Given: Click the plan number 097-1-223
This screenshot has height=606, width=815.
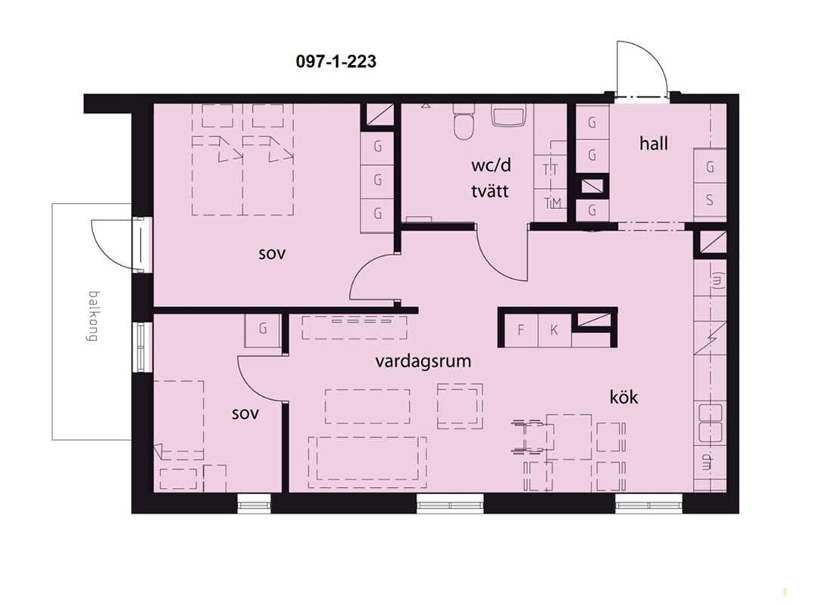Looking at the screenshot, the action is coord(336,61).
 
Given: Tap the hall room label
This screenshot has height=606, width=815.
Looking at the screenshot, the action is coord(654,143).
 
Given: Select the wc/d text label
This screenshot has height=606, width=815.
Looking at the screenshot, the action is coord(491,166).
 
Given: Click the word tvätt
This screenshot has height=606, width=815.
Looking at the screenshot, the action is coord(489,191).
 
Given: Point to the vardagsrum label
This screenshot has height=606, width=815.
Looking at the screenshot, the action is coord(423,361).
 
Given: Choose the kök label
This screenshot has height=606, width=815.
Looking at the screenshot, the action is coord(623,398).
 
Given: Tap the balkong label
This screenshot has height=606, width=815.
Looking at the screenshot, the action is coord(93,315).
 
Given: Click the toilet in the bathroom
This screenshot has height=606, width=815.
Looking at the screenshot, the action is coord(464,122).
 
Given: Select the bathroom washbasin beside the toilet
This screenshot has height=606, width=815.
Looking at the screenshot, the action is coord(509,115).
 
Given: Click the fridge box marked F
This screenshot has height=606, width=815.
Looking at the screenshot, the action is coord(521,330).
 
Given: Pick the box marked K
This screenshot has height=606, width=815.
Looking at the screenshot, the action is coord(554,330).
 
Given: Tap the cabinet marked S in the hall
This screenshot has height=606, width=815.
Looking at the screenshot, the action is coord(710,200).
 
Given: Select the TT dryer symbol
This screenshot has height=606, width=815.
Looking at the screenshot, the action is coord(551,170).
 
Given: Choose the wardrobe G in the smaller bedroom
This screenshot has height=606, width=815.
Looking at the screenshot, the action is coord(263,330).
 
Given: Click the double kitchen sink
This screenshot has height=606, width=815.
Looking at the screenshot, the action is coord(710,423).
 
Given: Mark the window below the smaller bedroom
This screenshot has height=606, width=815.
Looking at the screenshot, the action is coord(254,503).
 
